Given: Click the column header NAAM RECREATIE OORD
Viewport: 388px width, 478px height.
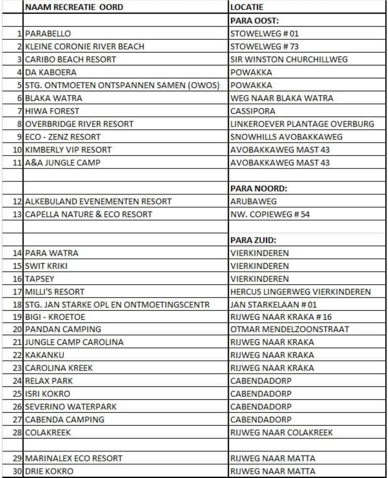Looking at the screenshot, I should tap(74, 7).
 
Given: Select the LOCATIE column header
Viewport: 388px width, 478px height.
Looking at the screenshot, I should tap(247, 7).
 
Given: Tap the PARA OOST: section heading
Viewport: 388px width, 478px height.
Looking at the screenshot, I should tap(254, 20).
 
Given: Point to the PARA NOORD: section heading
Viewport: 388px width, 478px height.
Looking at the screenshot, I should tap(259, 188).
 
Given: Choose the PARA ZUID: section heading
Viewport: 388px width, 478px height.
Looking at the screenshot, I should tap(253, 240).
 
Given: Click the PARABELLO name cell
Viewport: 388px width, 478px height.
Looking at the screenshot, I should tap(48, 34).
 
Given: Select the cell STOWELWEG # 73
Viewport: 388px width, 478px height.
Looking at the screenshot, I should tap(264, 46).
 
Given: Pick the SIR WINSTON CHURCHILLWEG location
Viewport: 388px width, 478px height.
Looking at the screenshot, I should tap(289, 59).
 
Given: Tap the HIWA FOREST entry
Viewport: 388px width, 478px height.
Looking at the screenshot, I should tap(52, 111).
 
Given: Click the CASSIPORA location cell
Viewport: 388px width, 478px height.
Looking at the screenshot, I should tap(253, 111).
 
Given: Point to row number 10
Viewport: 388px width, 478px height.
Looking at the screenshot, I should tap(17, 150).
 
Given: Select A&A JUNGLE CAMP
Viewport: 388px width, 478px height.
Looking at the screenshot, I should tap(63, 163).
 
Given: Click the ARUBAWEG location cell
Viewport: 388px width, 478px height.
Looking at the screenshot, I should tap(253, 201).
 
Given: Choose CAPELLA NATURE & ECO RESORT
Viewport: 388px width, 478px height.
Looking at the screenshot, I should tap(89, 214).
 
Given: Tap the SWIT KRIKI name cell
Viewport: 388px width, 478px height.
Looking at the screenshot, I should tap(46, 266).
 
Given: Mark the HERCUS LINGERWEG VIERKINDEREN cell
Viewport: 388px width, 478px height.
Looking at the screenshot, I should tap(300, 292).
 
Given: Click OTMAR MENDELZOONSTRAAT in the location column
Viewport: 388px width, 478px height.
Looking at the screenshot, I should tap(290, 329).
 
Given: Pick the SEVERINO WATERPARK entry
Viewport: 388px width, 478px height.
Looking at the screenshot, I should tap(71, 407).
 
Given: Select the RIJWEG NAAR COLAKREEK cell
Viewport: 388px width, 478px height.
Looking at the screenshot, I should tap(282, 432).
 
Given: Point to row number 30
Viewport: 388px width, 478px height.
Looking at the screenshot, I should tap(17, 471).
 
